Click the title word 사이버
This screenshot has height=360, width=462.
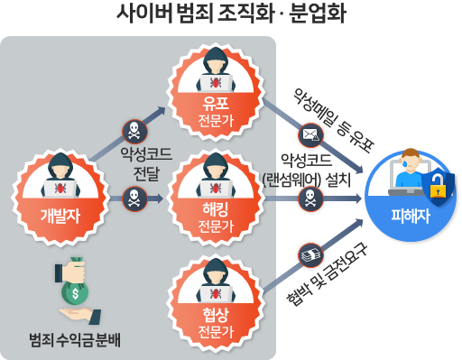[144, 14]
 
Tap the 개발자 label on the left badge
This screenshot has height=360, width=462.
[60, 216]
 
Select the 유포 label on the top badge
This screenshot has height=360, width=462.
[216, 104]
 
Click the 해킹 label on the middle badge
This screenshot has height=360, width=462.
[216, 209]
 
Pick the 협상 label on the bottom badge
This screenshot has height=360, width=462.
[216, 315]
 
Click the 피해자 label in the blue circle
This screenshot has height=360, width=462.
[411, 216]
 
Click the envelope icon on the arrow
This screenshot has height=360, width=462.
[310, 135]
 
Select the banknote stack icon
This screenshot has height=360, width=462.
[310, 255]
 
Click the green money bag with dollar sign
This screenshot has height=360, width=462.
[75, 291]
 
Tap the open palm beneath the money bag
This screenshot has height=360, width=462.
[80, 316]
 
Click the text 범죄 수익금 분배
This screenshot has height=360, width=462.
[75, 340]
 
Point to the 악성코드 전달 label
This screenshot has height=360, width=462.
[146, 164]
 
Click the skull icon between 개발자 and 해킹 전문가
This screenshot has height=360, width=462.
[134, 199]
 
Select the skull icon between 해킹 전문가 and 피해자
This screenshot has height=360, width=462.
[310, 199]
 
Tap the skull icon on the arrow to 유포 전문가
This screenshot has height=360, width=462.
[134, 132]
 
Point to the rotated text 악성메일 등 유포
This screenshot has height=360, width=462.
[334, 120]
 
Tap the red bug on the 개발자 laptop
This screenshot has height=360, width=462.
[60, 189]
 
